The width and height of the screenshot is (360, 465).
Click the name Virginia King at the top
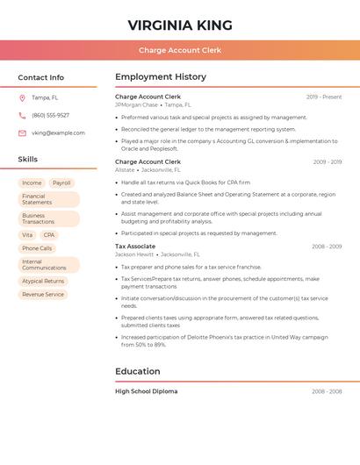point(180,25)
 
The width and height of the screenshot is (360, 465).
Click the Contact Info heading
point(40,77)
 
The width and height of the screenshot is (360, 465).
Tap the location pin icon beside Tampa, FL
point(22,98)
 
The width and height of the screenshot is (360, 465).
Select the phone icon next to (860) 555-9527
point(22,116)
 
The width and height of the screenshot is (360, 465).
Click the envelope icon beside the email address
point(22,133)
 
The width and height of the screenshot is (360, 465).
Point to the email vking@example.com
point(58,133)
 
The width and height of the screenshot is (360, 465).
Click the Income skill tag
point(32,183)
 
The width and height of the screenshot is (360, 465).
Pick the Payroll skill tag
point(61,183)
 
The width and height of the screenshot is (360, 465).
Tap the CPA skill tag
point(49,235)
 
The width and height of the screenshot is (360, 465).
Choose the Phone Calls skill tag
point(37,248)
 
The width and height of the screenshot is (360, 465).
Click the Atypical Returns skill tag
point(43,282)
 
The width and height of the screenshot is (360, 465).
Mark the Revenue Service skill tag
point(43,295)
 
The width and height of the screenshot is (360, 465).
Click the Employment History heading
point(161,77)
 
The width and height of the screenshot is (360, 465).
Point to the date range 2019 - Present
point(324,97)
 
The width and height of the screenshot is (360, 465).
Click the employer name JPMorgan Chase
point(136,104)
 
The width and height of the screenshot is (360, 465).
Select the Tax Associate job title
point(135,247)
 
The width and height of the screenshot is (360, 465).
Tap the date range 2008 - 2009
point(327,247)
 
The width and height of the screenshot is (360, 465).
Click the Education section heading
point(138,371)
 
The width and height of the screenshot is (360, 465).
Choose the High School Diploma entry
point(146,391)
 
